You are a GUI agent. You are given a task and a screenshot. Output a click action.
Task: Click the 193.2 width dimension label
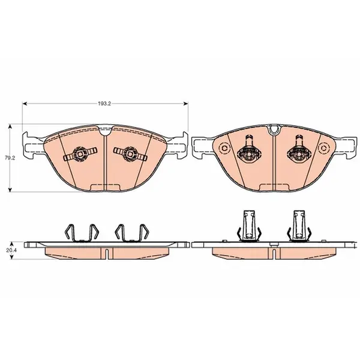pos(104,104)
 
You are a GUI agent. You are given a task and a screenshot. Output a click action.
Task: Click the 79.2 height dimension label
pos(10,158)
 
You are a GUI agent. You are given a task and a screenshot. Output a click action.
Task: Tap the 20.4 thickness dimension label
pos(10,250)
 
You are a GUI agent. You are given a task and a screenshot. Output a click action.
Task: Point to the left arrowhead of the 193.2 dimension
pos(25,104)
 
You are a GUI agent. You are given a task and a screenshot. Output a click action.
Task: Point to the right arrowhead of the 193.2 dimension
pos(185,104)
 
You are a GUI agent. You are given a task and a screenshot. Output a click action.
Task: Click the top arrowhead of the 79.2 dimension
pos(10,127)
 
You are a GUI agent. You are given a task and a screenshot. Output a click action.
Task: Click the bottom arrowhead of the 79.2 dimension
pos(10,189)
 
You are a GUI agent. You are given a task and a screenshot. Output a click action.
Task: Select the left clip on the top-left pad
pos(80,154)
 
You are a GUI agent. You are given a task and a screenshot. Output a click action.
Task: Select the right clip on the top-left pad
pos(130,154)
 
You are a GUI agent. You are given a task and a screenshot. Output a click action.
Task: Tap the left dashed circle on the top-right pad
pos(224,148)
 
